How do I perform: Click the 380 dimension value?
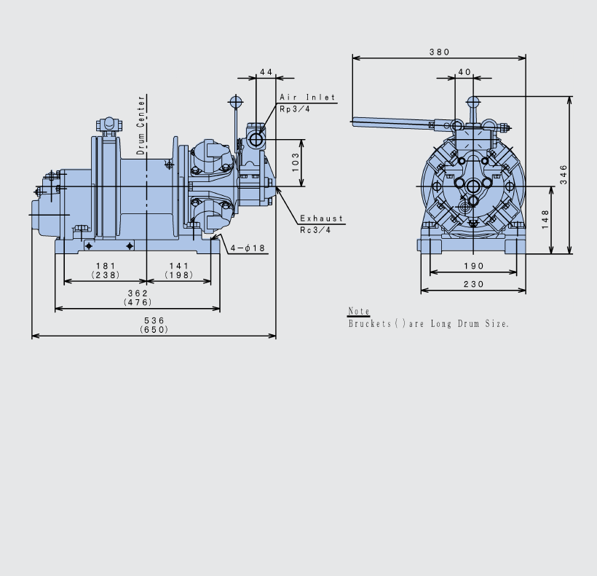click(x=439, y=52)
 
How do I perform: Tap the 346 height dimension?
click(x=564, y=175)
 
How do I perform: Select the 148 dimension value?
click(x=545, y=219)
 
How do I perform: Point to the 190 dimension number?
click(x=474, y=266)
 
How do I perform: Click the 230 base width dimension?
click(x=474, y=284)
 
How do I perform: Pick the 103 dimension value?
click(x=296, y=162)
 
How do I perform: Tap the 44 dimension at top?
click(x=266, y=72)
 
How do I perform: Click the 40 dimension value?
click(x=464, y=72)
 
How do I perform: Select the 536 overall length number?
click(x=154, y=320)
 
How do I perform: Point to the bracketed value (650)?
click(x=154, y=330)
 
